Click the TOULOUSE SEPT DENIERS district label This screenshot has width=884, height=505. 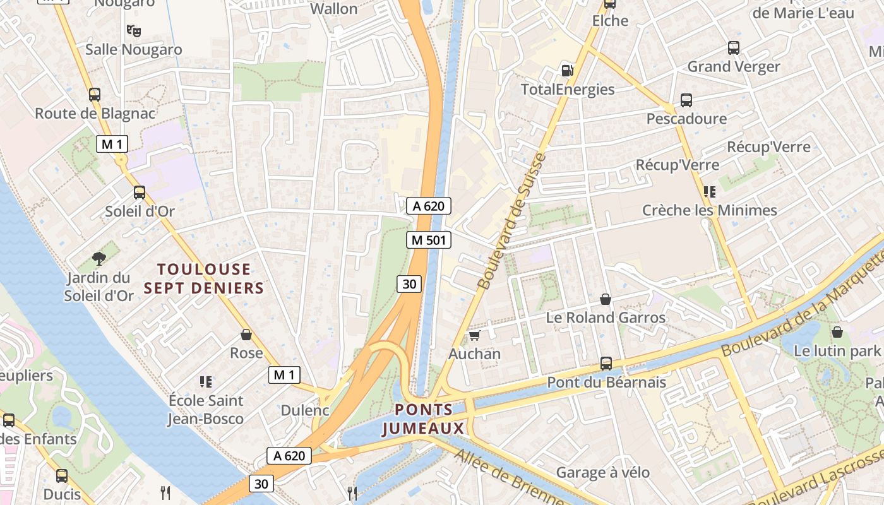203,278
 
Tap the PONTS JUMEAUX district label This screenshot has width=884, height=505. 424,419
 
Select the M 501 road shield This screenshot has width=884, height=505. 429,240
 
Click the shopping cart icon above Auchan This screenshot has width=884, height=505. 474,335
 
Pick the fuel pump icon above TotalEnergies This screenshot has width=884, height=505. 567,71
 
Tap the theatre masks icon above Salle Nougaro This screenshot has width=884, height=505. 133,30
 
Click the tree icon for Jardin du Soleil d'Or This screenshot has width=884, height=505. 99,258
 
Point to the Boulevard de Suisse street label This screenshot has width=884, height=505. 512,221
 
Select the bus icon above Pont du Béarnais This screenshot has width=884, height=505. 606,364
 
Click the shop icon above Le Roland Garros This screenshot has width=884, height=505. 606,299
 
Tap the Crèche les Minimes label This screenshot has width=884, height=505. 709,210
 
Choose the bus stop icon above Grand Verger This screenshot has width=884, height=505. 734,48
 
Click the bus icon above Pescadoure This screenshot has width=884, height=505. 686,100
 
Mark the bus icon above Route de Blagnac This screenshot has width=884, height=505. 95,95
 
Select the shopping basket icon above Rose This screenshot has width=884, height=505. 246,335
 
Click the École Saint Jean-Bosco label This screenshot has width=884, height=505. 206,409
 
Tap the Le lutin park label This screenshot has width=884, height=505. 837,350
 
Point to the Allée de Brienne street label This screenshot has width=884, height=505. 508,478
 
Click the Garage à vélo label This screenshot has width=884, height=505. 602,472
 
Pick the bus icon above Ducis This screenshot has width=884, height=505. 62,476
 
